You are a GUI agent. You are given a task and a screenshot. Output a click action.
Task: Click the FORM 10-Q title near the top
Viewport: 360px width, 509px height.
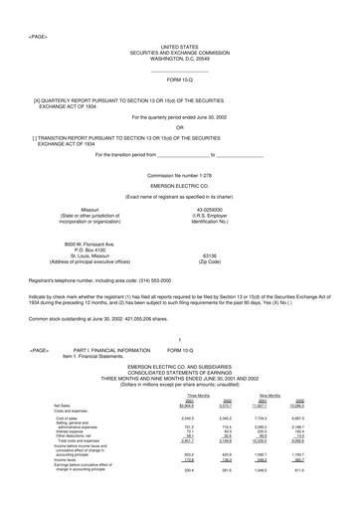tap(179, 78)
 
